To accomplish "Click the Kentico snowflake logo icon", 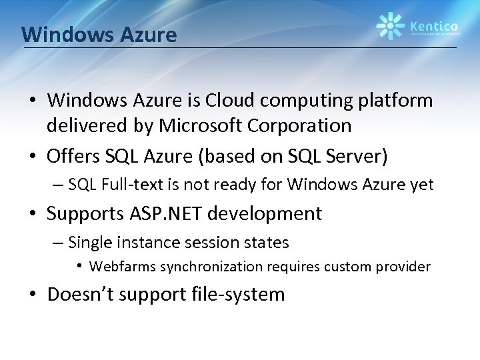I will (x=389, y=26).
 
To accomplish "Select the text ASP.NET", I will (x=171, y=214).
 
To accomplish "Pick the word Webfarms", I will (x=120, y=267).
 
